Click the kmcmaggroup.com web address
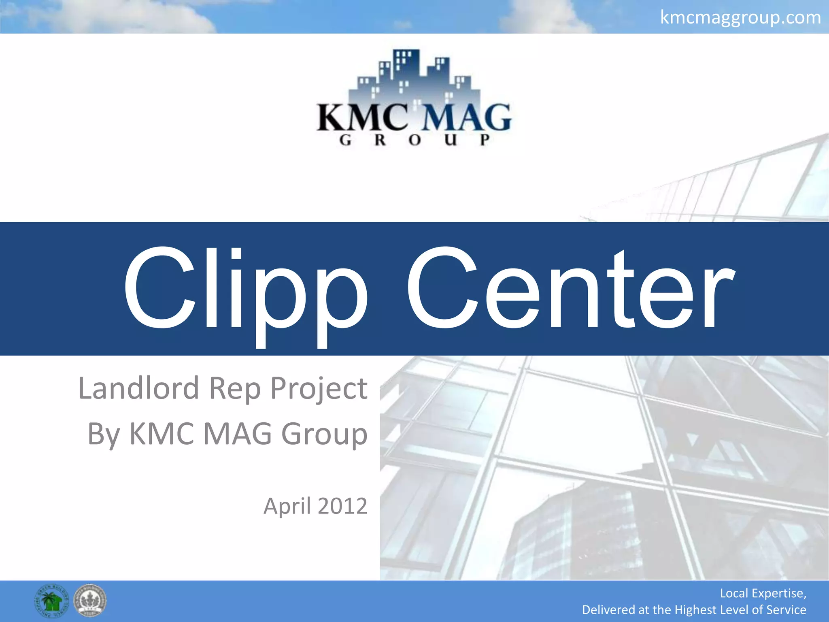click(x=740, y=17)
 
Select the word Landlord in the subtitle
click(x=138, y=388)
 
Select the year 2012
click(x=342, y=506)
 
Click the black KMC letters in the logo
click(x=362, y=118)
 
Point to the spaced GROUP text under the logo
click(x=414, y=140)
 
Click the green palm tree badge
click(x=51, y=601)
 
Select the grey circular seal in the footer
click(x=90, y=601)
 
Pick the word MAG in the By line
click(x=237, y=434)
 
